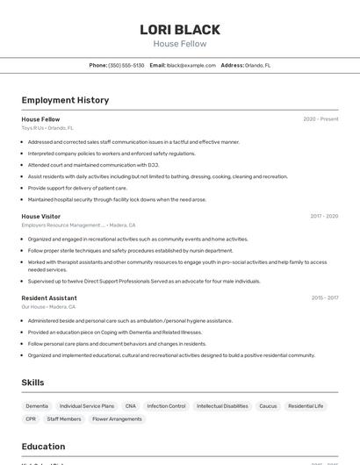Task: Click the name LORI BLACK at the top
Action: pos(180,30)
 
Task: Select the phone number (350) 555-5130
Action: pos(126,65)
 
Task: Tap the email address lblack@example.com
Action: pos(191,65)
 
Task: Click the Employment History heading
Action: pos(65,100)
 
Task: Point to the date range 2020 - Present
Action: pos(320,119)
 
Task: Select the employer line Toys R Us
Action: pos(47,128)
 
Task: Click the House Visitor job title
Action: pos(41,216)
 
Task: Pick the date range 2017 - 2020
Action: pos(324,216)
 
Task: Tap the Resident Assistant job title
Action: pos(49,298)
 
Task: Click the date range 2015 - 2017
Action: pos(325,298)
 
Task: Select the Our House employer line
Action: pos(48,307)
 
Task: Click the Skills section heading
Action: pos(32,383)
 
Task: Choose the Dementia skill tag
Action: pos(37,406)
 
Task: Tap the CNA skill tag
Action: pos(131,406)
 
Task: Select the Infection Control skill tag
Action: pos(166,406)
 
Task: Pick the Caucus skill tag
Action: pos(268,406)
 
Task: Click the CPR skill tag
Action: pos(31,419)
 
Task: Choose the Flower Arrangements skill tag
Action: pos(117,419)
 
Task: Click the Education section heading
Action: pos(43,446)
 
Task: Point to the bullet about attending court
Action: pos(93,165)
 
